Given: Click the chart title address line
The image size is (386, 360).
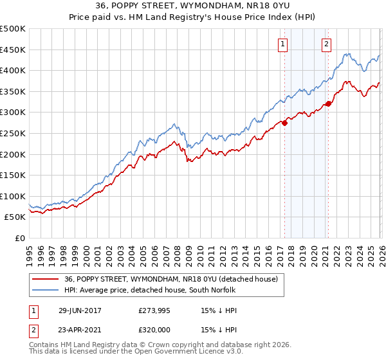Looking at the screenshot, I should tap(193, 6).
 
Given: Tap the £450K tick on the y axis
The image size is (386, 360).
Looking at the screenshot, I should tap(14, 50).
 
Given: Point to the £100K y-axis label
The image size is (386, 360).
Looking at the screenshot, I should tap(14, 196).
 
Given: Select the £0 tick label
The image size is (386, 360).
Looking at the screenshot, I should tap(19, 238).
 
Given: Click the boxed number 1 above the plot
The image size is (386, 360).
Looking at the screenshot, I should tap(283, 44).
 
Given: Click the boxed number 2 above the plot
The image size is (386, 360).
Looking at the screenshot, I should tap(326, 44).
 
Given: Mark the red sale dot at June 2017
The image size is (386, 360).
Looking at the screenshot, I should tap(284, 123).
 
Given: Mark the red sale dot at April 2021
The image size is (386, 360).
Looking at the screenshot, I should tap(328, 104).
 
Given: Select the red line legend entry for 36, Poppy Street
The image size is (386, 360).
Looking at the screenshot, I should tap(170, 279).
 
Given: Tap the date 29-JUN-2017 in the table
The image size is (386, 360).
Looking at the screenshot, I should tap(82, 310).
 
